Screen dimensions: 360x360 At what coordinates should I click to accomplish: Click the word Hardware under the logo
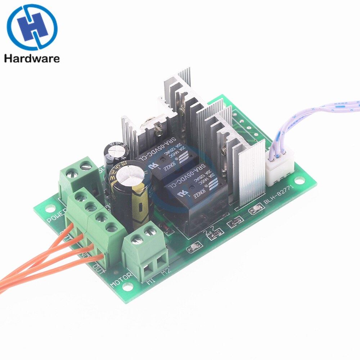coord(32,58)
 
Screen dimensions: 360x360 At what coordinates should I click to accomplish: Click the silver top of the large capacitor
coord(130,176)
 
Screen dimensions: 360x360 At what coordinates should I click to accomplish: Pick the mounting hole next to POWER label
coord(50,208)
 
